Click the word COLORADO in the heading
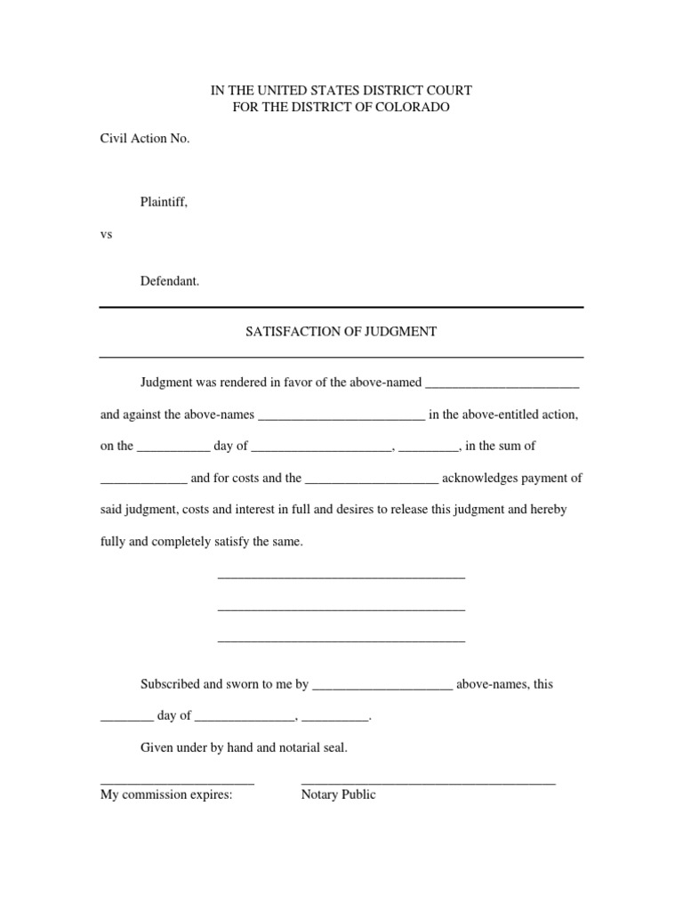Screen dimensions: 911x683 416,107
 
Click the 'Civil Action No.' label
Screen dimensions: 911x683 145,139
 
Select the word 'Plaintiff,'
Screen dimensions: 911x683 164,203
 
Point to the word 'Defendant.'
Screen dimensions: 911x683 170,281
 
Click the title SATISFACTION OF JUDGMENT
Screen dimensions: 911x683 341,331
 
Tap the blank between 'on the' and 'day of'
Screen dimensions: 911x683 173,447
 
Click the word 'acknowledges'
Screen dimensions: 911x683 478,478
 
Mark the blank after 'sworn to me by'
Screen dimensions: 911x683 383,686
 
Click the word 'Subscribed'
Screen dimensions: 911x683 172,684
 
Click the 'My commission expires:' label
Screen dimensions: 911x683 166,794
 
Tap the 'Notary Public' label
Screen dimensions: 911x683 338,794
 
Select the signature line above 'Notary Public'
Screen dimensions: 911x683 428,782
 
